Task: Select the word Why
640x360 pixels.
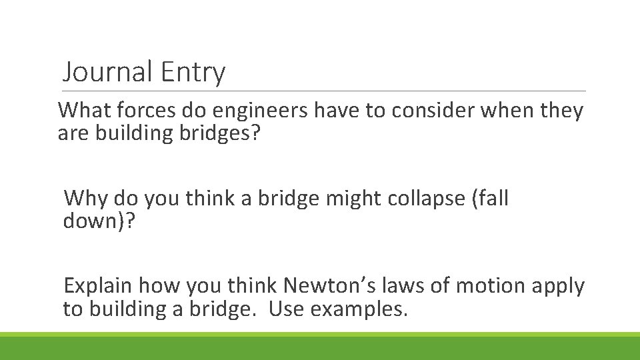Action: pos(86,198)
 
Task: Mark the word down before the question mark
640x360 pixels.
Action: pos(94,221)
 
